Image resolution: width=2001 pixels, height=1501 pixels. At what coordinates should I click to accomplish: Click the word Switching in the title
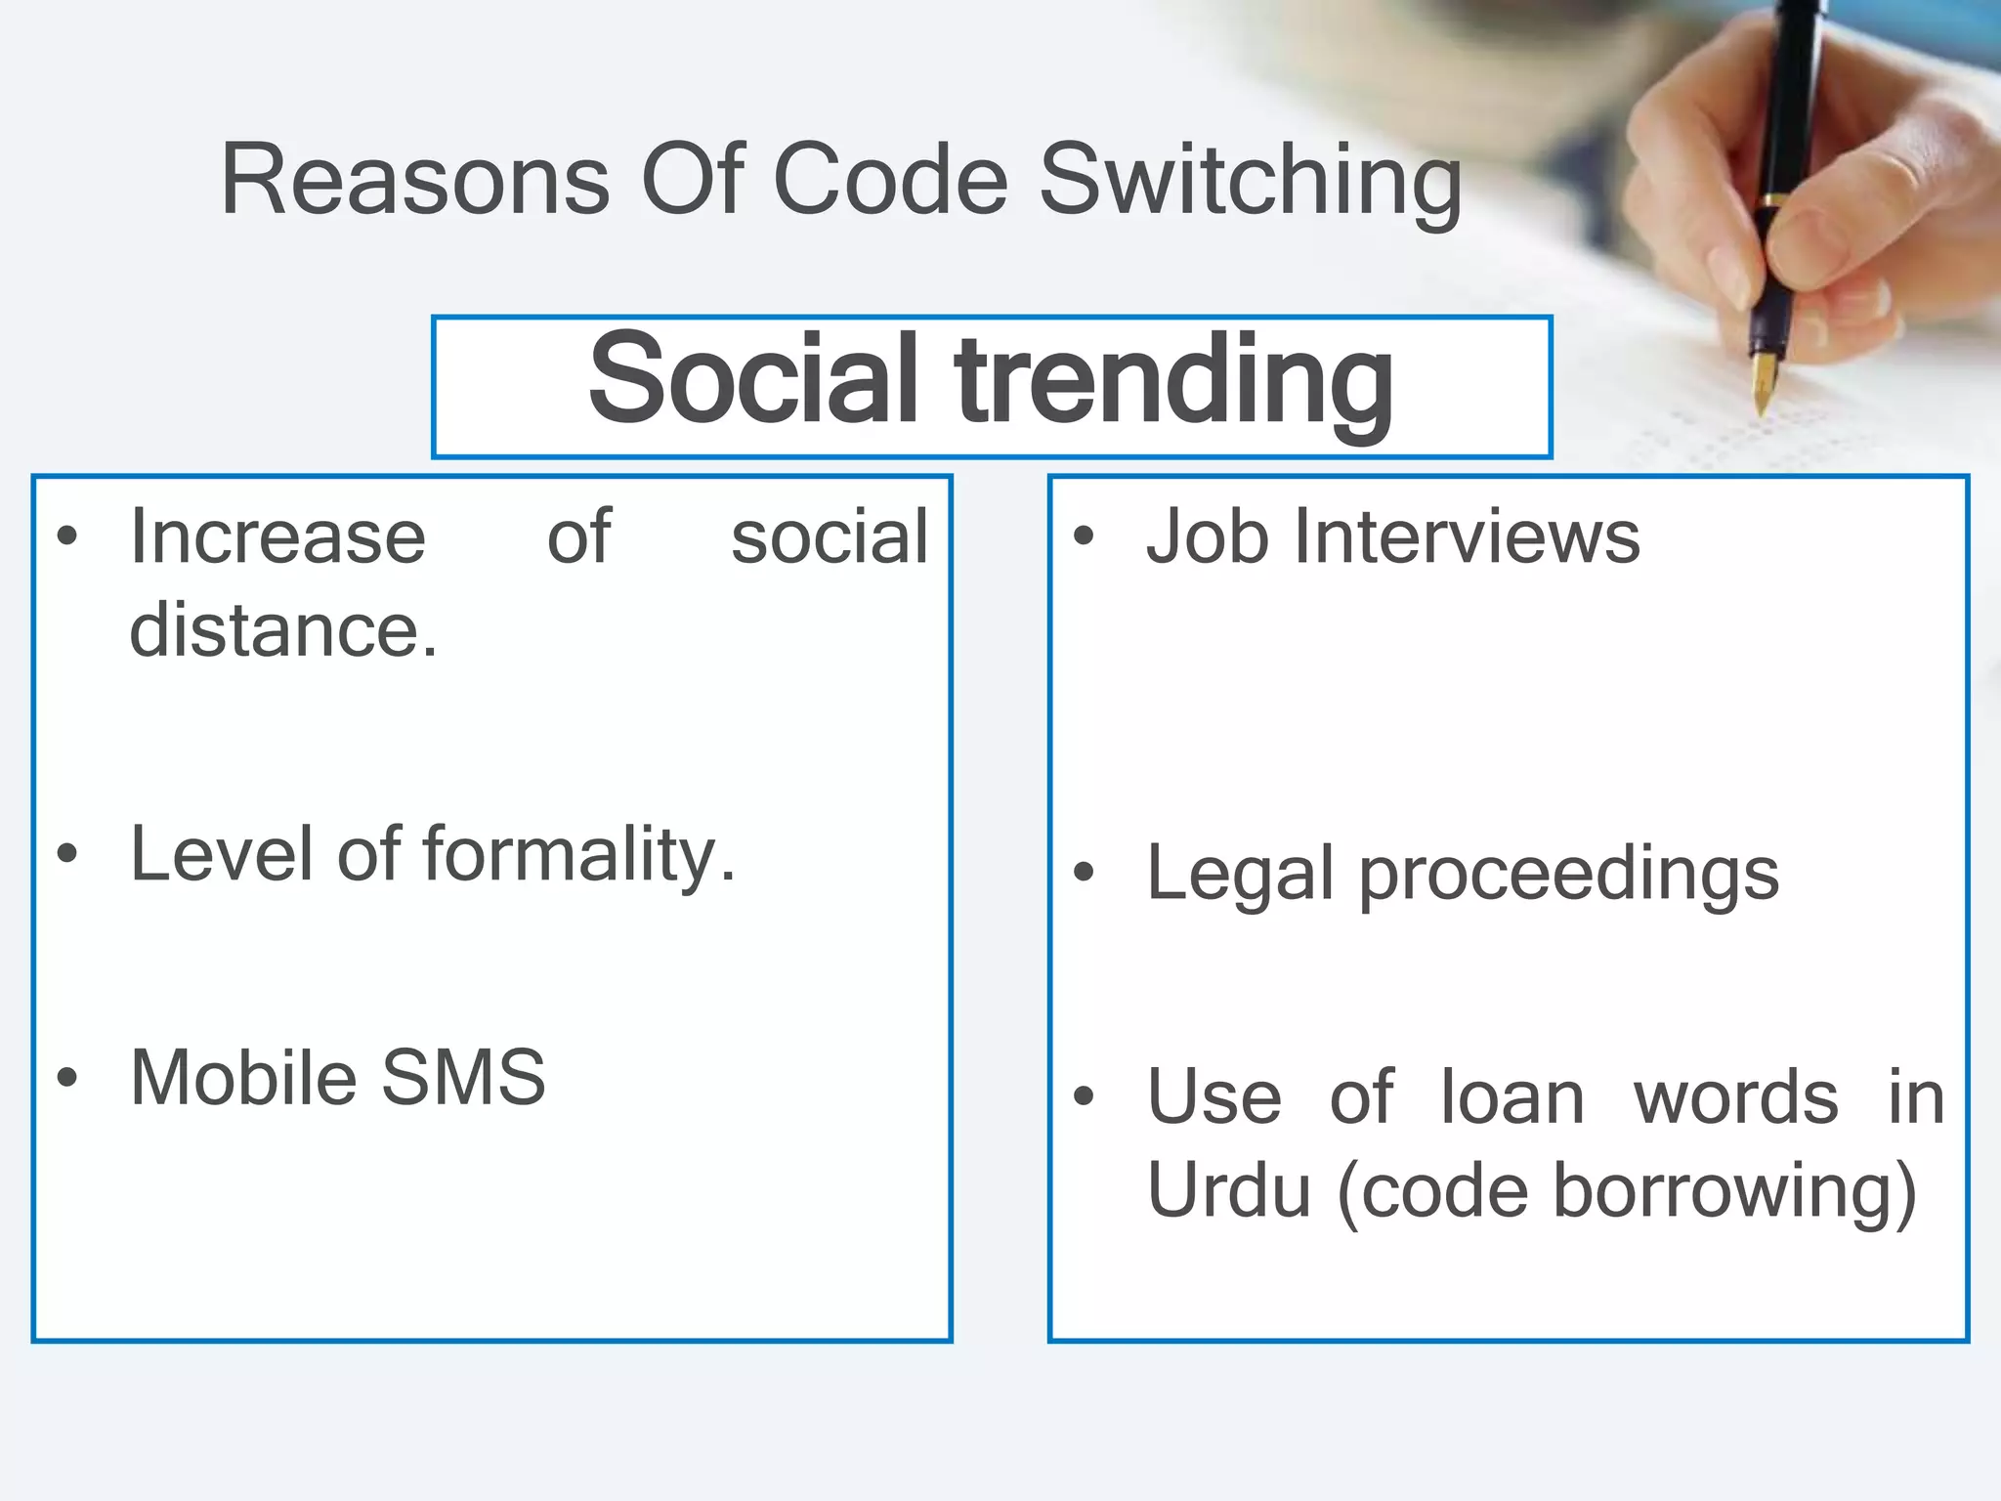pos(1251,181)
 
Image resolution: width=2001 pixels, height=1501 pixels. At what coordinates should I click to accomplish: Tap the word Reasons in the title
pos(415,181)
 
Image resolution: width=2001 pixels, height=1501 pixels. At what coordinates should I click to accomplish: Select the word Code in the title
pos(890,181)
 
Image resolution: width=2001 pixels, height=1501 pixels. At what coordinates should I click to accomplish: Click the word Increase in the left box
pos(278,537)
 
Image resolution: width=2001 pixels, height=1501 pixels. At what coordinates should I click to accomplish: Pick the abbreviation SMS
pos(463,1078)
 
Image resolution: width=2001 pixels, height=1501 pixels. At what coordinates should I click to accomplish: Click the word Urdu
pos(1228,1191)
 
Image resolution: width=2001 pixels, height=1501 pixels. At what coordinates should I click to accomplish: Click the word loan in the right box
pos(1512,1097)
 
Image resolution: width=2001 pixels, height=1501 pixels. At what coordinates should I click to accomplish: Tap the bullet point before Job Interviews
pos(1083,536)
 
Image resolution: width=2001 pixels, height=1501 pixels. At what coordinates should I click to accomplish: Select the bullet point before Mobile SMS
pos(66,1077)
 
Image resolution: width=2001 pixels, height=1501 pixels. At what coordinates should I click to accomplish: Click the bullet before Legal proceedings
pos(1083,872)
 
